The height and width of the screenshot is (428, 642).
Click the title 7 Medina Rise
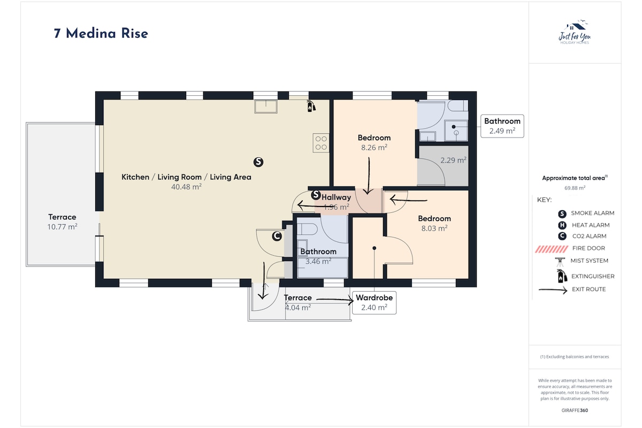101,34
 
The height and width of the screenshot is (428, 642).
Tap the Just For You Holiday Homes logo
575,32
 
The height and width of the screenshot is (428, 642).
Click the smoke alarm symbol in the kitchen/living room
258,162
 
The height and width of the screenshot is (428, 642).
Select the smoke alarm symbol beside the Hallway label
316,195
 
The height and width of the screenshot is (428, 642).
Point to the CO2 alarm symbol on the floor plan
277,236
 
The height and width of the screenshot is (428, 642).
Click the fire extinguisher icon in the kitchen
311,106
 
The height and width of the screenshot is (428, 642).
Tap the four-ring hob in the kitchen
321,143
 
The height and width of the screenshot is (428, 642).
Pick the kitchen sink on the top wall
266,106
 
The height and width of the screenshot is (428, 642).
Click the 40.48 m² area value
186,187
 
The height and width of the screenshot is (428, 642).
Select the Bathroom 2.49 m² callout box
502,126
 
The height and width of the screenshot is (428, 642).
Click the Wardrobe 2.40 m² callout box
374,303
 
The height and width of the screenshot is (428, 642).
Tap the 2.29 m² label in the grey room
453,160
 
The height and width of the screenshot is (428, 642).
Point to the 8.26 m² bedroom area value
374,147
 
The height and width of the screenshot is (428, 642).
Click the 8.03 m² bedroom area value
434,228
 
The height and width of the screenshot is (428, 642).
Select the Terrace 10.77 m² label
62,222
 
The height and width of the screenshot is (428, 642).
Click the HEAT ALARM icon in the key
562,225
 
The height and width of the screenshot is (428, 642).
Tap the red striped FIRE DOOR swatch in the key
551,249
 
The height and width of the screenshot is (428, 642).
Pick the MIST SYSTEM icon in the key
560,262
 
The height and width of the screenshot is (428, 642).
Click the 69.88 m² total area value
575,188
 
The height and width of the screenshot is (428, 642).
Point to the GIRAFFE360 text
575,410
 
